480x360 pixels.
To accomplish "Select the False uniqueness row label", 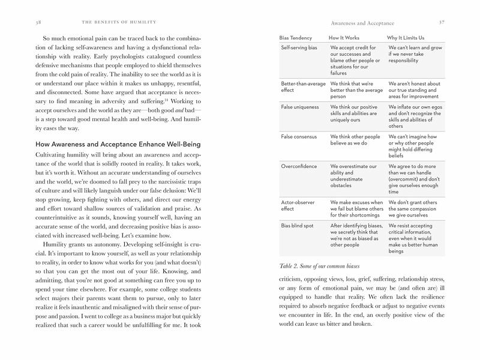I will click(299, 107).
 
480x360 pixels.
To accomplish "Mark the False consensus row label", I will click(299, 137).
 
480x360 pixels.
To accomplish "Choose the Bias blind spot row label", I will click(297, 226).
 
